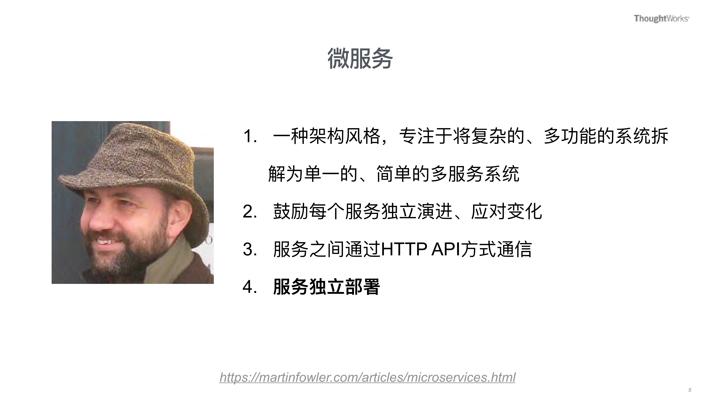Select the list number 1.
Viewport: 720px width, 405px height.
tap(250, 137)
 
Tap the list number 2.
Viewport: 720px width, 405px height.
tap(250, 212)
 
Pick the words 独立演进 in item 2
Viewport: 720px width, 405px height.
tap(416, 212)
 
